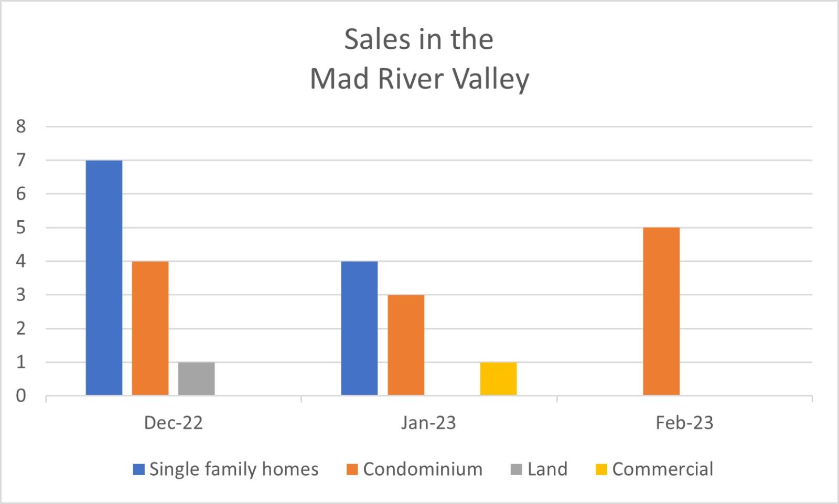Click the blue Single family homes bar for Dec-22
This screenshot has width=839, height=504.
click(x=104, y=278)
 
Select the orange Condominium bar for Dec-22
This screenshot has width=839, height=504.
click(x=150, y=328)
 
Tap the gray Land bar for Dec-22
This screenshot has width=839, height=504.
click(x=196, y=379)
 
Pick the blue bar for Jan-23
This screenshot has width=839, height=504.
click(x=359, y=328)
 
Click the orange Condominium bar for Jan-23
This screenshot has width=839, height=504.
click(x=406, y=345)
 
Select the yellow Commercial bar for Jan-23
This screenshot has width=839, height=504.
click(x=498, y=379)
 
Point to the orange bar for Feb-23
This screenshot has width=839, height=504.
click(x=661, y=312)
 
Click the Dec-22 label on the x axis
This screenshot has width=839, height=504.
click(x=173, y=423)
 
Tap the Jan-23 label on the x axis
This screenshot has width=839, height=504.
click(x=428, y=423)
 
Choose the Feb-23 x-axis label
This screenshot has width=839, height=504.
click(x=684, y=423)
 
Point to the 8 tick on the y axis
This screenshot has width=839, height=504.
click(x=21, y=126)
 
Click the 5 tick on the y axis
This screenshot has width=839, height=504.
click(x=21, y=228)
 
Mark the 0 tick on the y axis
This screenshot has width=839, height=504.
click(x=21, y=396)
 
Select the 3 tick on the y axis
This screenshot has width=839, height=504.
click(x=21, y=295)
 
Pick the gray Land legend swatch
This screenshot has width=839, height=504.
click(x=517, y=469)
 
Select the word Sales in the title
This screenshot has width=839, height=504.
click(x=373, y=39)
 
